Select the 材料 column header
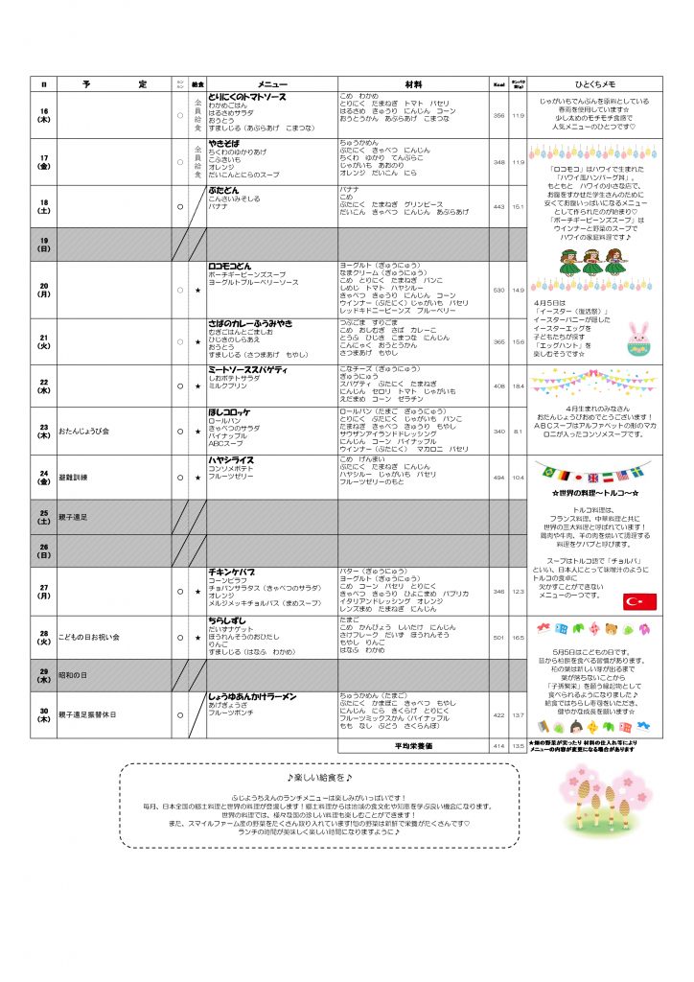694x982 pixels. pyautogui.click(x=413, y=83)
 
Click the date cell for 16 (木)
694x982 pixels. pyautogui.click(x=43, y=115)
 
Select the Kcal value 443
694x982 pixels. pyautogui.click(x=498, y=206)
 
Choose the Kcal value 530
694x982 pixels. pyautogui.click(x=498, y=289)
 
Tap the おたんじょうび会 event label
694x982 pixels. pyautogui.click(x=84, y=430)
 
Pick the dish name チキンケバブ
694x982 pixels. pyautogui.click(x=232, y=572)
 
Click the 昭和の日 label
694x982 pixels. pyautogui.click(x=73, y=676)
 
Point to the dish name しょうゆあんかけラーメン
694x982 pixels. pyautogui.click(x=252, y=695)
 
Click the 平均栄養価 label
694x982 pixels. pyautogui.click(x=413, y=745)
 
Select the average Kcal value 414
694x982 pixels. pyautogui.click(x=498, y=745)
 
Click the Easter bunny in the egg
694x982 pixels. pyautogui.click(x=638, y=337)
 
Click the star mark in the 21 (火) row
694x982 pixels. pyautogui.click(x=197, y=341)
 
